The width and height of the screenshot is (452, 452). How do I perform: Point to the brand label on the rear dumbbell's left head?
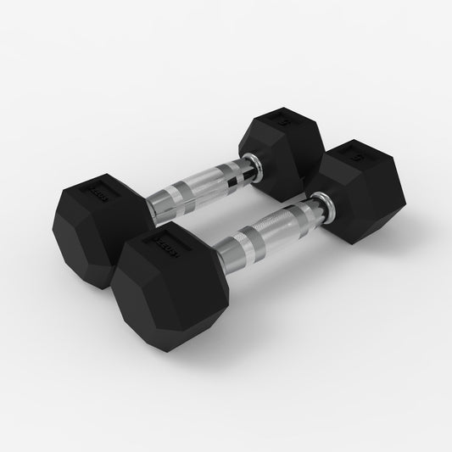click(95, 195)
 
